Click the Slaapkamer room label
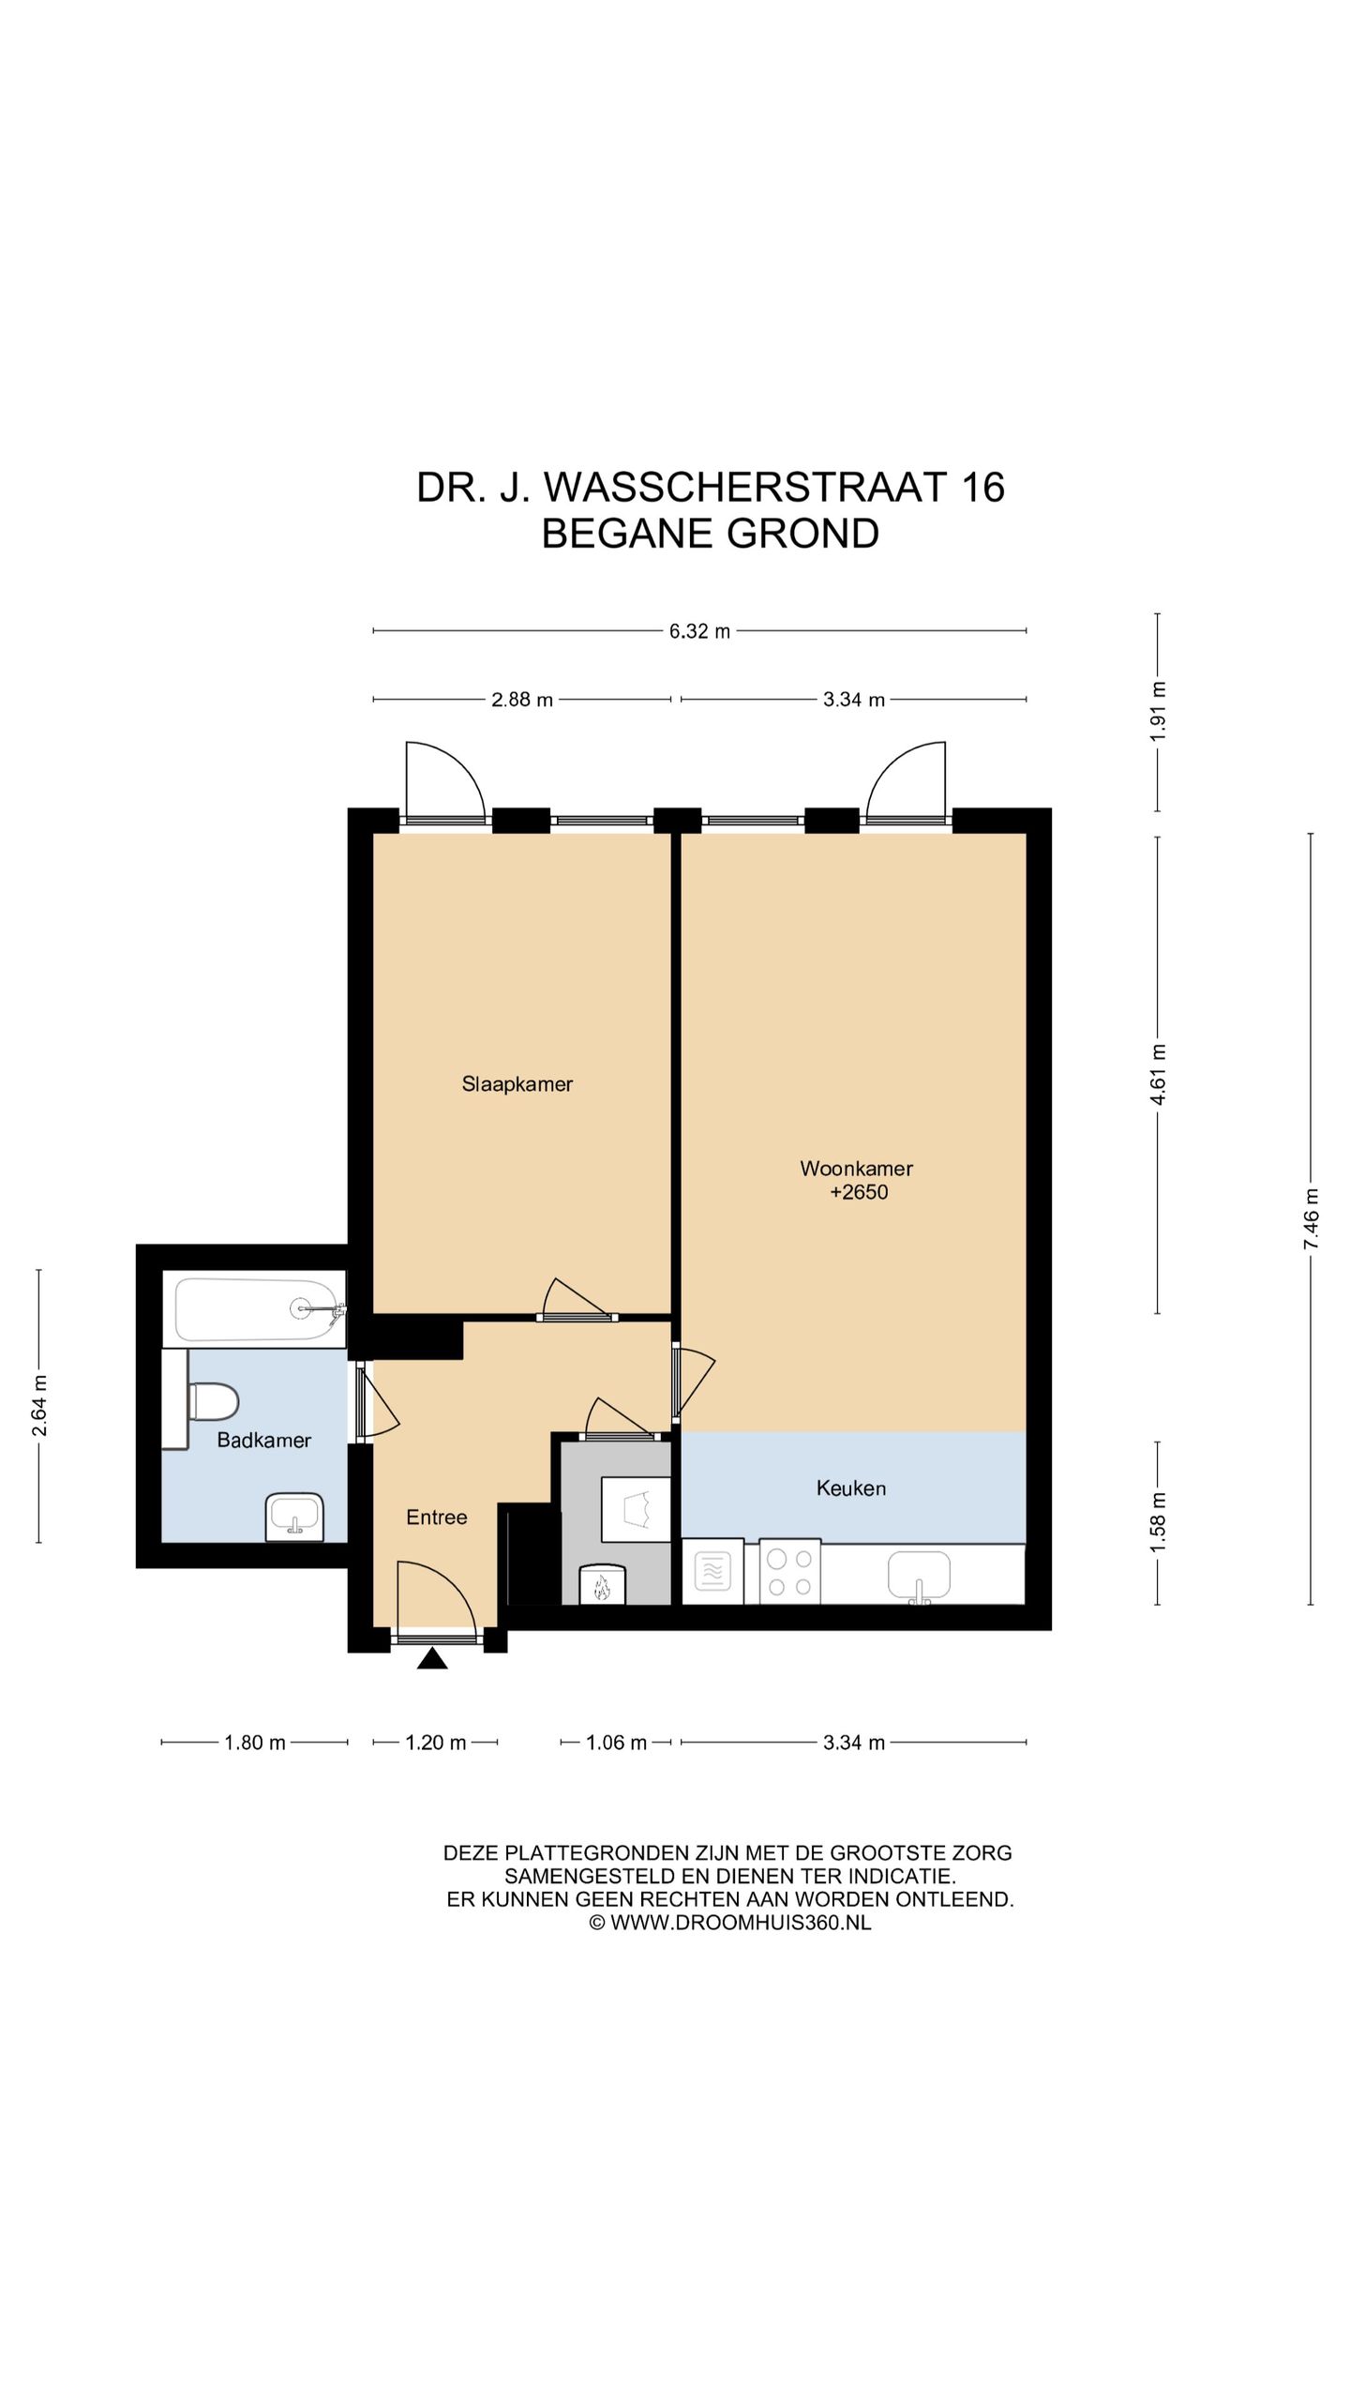pos(517,1084)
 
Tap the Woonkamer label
pos(856,1169)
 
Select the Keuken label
pos(850,1488)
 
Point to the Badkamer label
pos(263,1440)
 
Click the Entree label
pos(436,1518)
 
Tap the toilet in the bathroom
pos(213,1402)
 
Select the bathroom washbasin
pos(294,1517)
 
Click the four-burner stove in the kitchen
pos(789,1572)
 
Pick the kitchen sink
pos(919,1576)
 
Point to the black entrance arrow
pos(432,1659)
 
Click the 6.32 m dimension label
pos(699,631)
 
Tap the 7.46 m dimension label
pos(1311,1218)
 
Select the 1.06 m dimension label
pos(616,1743)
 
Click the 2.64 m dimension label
pos(39,1405)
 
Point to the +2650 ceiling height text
pos(859,1192)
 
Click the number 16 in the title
pos(982,488)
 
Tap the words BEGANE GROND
pos(711,534)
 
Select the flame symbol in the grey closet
pos(600,1587)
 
